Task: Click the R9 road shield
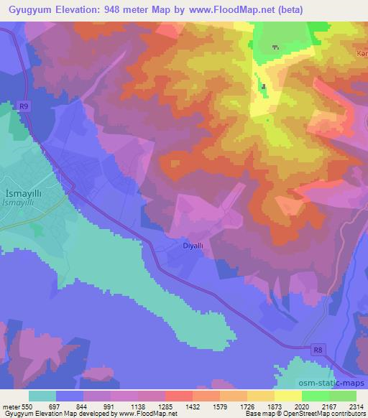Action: point(24,106)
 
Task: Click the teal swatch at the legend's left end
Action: point(42,396)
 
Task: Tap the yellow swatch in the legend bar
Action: point(287,396)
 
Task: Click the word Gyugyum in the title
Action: point(27,9)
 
